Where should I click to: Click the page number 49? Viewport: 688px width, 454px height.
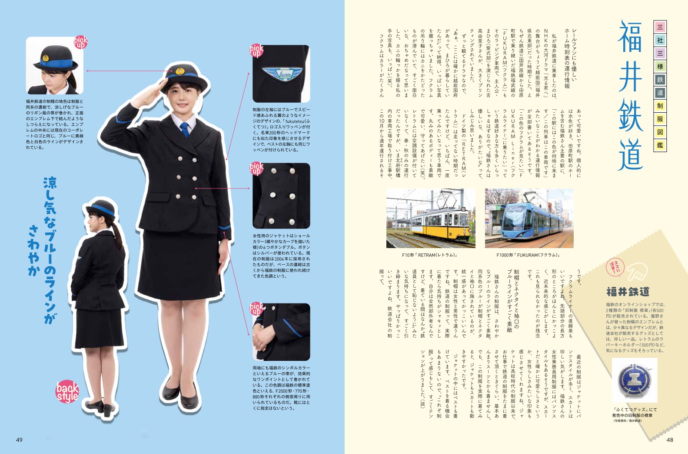19,440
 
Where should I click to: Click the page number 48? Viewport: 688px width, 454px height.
670,440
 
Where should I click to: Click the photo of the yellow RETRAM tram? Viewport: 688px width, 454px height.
430,218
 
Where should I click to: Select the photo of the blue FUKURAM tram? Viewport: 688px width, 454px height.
529,218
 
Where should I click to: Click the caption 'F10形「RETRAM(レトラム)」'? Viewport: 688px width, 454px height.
430,255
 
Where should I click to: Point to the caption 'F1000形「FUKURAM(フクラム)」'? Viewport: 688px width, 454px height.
528,255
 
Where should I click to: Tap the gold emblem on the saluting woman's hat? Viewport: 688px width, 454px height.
180,71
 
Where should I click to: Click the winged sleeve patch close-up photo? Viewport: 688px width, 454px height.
281,74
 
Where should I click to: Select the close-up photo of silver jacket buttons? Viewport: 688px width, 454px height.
281,195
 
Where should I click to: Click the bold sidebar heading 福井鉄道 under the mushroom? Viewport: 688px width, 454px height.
628,291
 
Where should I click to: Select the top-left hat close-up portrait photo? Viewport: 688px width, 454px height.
55,66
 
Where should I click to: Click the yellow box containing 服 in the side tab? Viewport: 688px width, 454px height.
660,119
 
